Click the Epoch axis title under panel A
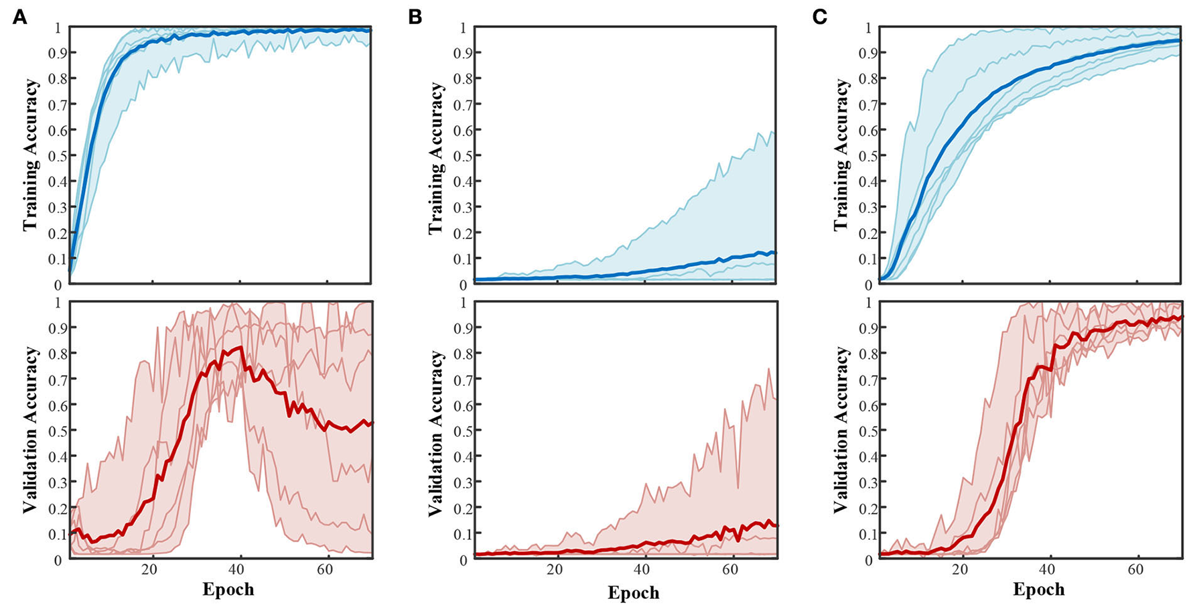point(228,589)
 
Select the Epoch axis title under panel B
point(633,592)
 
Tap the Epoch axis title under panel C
point(1038,589)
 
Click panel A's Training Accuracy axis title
point(30,155)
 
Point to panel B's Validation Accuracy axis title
point(435,433)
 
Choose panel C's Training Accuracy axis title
point(841,155)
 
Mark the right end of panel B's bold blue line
point(775,253)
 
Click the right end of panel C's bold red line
point(1180,316)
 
